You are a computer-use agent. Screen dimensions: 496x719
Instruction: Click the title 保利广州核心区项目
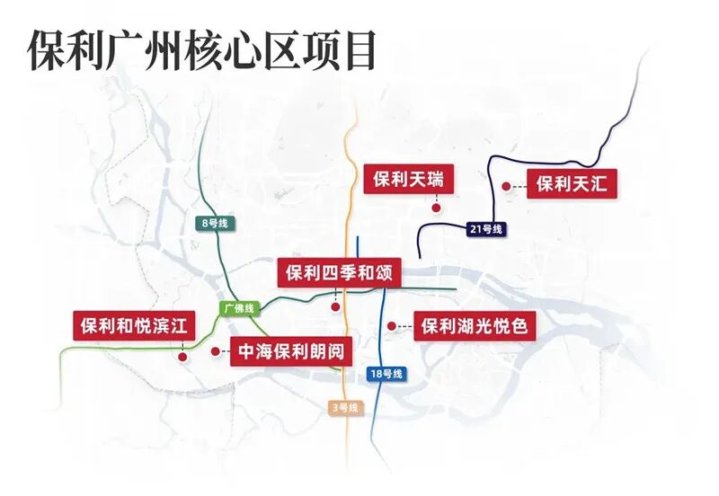202,50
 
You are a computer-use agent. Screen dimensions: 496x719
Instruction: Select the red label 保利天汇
573,185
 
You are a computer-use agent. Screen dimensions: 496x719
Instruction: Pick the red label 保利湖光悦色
475,325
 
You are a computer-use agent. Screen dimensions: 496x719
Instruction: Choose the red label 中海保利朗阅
289,352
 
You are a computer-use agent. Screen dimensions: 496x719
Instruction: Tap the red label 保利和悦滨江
133,325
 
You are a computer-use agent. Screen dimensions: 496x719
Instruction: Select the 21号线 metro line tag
486,229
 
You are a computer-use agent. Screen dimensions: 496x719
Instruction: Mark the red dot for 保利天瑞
436,208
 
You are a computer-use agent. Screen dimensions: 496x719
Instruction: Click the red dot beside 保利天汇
507,186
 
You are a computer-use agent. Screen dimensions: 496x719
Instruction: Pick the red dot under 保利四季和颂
335,307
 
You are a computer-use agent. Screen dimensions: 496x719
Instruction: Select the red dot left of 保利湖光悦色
391,325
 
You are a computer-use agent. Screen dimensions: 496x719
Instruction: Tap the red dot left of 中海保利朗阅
214,351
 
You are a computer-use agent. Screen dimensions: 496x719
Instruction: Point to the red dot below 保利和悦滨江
182,356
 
